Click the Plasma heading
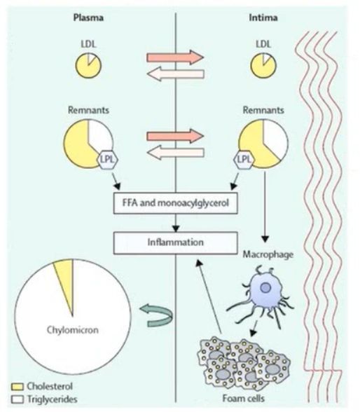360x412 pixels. coord(88,18)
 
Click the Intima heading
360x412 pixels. coord(263,18)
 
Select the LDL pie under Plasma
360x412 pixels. coord(88,65)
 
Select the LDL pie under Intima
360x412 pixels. coord(263,65)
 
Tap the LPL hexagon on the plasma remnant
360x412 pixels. coord(108,160)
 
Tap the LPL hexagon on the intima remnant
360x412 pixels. coord(244,160)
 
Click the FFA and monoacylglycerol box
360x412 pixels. coord(176,203)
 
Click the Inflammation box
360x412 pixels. coord(176,242)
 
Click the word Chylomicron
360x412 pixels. coord(73,330)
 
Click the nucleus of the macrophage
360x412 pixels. coord(265,288)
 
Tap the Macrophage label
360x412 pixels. coord(268,254)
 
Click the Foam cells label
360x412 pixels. coord(244,399)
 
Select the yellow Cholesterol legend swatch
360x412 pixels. coord(18,387)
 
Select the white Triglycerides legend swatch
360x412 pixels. coord(18,399)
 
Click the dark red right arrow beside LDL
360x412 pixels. coord(175,57)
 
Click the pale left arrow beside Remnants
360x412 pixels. coord(175,153)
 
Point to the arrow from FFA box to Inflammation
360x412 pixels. coord(176,223)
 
